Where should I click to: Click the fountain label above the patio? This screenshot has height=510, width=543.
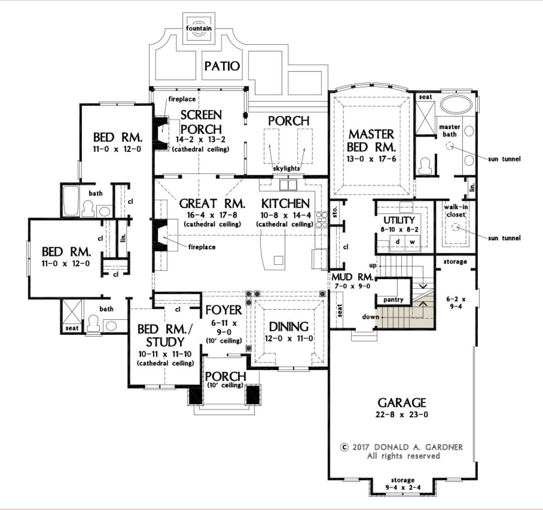click(199, 29)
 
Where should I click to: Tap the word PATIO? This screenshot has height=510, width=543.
click(222, 66)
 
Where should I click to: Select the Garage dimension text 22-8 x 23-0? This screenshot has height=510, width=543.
click(402, 415)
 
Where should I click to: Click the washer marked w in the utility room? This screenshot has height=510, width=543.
click(412, 242)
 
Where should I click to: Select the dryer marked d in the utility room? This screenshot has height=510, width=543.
click(398, 242)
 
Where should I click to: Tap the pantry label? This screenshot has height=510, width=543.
click(393, 300)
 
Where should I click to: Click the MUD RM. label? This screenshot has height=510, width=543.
click(352, 277)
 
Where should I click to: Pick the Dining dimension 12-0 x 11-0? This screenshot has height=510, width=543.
click(289, 338)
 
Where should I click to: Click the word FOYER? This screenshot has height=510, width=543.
click(224, 310)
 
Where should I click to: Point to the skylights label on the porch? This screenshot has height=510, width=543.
click(286, 168)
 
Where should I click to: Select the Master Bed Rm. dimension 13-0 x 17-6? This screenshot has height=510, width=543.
click(372, 159)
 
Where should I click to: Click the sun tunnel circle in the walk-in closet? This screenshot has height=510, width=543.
click(455, 227)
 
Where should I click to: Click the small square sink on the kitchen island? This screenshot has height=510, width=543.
click(278, 260)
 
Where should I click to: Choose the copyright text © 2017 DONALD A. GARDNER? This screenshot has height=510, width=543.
click(401, 447)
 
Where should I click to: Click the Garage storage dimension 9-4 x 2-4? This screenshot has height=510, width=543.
click(403, 487)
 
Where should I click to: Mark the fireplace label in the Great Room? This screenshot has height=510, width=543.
click(202, 247)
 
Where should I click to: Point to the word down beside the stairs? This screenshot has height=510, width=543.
click(371, 317)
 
